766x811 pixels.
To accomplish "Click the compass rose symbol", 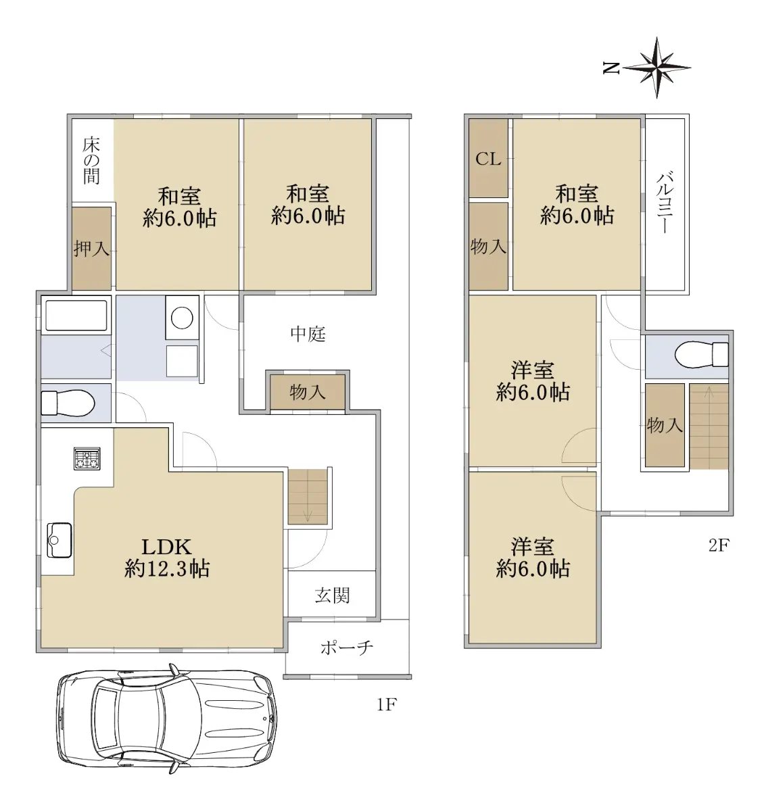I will pos(656,68).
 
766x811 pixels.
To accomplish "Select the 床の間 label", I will pos(91,160).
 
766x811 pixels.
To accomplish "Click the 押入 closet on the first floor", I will pos(91,248).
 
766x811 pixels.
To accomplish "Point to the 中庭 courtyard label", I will pos(308,333).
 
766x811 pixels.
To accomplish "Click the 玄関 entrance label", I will pos(332,595).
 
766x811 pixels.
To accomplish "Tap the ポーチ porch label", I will pos(346,647).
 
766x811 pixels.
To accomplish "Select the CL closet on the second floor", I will pos(488,159).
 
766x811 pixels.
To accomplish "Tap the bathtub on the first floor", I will pos(76,316).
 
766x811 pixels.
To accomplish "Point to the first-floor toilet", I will pos(67,403).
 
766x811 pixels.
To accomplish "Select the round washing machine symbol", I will pos(182,318).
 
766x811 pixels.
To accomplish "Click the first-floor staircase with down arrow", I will pos(308,497).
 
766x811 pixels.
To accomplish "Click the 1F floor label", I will pos(386,705).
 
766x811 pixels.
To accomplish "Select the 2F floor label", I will pos(719,545).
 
